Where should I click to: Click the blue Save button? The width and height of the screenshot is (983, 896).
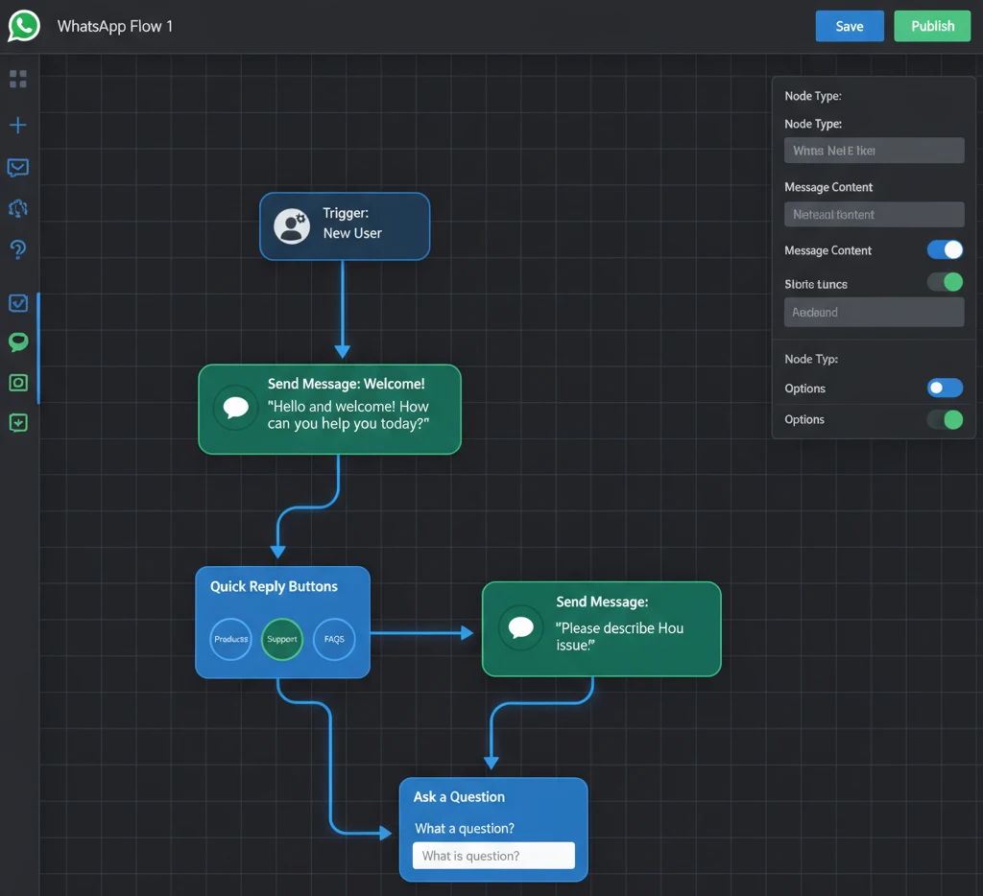click(x=849, y=26)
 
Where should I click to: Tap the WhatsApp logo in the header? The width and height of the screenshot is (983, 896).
click(x=24, y=26)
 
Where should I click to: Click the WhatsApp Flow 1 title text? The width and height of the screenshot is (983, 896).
click(x=115, y=26)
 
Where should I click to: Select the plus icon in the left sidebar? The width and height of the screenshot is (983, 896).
click(x=17, y=126)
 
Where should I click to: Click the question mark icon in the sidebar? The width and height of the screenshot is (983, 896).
click(x=17, y=249)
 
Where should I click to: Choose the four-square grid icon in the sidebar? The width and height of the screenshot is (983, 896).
click(x=17, y=80)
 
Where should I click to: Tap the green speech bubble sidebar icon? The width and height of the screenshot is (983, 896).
click(x=17, y=342)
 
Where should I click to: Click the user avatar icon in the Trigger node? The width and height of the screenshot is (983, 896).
click(x=292, y=225)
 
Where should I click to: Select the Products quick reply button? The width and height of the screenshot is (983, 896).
click(x=230, y=639)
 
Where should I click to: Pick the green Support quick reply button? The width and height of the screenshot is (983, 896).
click(x=282, y=639)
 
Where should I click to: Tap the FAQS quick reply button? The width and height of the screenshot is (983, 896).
click(x=334, y=639)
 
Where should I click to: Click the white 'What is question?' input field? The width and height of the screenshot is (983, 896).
click(x=493, y=856)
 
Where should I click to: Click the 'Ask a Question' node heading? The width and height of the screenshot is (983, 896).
click(x=459, y=797)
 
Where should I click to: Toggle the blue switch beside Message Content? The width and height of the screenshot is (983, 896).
click(x=945, y=250)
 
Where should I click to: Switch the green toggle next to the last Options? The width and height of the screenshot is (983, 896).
click(x=945, y=419)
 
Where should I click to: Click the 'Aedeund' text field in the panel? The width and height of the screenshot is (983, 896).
click(x=874, y=312)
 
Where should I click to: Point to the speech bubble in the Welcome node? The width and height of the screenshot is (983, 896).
click(x=235, y=408)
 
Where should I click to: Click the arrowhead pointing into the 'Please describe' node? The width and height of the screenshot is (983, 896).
click(x=468, y=632)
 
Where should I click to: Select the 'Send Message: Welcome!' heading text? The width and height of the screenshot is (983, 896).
click(x=346, y=384)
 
